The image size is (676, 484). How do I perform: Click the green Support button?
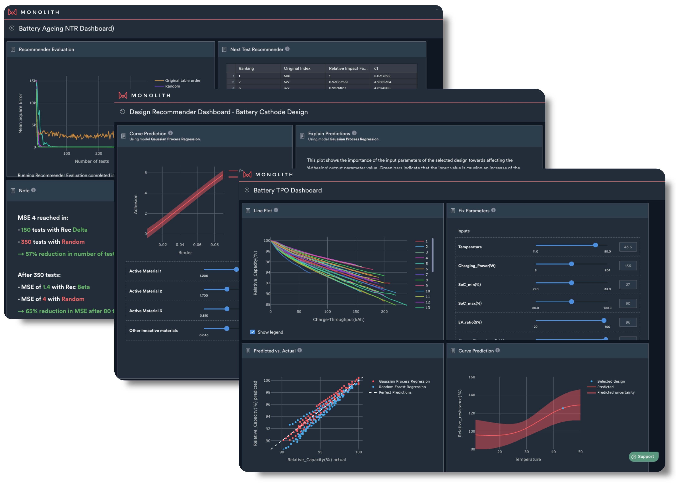[643, 457]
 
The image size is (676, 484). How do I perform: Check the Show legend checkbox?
[253, 332]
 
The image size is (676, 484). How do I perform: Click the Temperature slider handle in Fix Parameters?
[595, 245]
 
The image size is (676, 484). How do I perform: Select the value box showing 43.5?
[628, 247]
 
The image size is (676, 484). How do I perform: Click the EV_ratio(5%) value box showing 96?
[628, 322]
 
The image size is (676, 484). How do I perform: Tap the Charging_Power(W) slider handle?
[571, 264]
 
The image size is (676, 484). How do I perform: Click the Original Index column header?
[297, 68]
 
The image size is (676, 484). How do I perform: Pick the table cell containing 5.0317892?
[382, 76]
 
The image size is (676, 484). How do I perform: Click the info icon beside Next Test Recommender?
[287, 49]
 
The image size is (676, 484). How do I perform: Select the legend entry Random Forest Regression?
[402, 387]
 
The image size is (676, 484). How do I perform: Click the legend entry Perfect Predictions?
[395, 392]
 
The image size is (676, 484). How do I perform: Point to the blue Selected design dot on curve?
[563, 408]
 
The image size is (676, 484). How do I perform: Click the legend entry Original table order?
[183, 81]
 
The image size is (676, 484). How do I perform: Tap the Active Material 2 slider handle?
[227, 289]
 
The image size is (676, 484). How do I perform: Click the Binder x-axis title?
[185, 253]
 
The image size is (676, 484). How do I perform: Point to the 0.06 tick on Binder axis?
[197, 245]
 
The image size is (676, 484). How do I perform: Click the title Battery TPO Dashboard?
[287, 190]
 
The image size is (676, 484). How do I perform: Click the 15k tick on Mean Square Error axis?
[32, 81]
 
